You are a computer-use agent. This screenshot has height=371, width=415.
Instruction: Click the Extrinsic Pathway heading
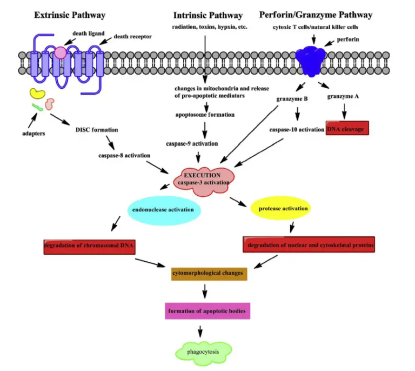click(x=70, y=15)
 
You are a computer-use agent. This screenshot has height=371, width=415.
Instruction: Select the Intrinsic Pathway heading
click(x=208, y=15)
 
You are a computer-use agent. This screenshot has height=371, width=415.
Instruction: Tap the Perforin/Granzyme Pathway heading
click(x=316, y=15)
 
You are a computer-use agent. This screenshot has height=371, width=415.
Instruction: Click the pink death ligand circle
click(x=60, y=52)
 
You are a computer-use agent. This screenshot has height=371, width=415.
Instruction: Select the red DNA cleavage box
click(x=347, y=128)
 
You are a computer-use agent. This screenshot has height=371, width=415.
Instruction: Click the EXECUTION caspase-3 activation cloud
click(x=203, y=178)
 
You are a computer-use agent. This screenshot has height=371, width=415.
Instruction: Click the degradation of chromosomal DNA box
click(x=89, y=246)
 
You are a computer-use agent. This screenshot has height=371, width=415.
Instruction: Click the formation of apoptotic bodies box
click(x=209, y=312)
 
